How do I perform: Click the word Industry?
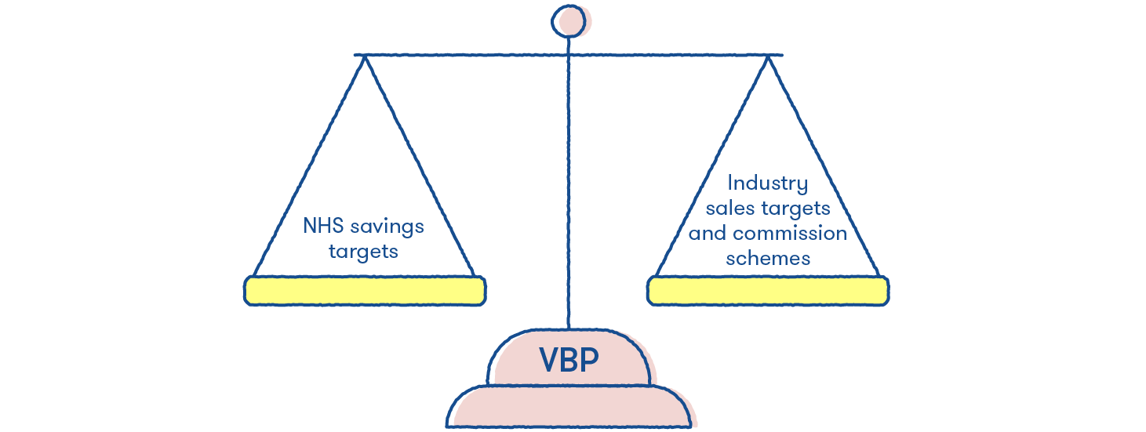767,184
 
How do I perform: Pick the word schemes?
768,257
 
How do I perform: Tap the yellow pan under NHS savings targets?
364,290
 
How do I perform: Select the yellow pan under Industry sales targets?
767,290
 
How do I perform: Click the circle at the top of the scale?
568,21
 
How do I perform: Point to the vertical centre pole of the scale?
568,196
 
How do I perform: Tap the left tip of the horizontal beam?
356,55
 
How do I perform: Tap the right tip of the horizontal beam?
781,55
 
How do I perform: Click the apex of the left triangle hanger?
363,58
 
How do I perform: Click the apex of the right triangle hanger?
768,58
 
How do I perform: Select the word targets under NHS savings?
363,252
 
